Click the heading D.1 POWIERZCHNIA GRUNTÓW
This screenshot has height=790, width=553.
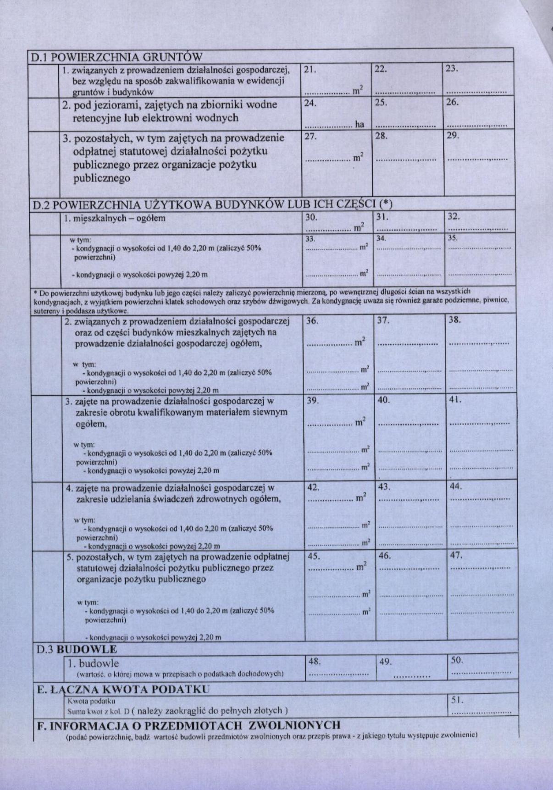tap(116, 57)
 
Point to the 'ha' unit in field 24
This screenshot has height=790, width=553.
tap(359, 124)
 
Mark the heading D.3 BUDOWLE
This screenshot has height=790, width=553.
tap(77, 649)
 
